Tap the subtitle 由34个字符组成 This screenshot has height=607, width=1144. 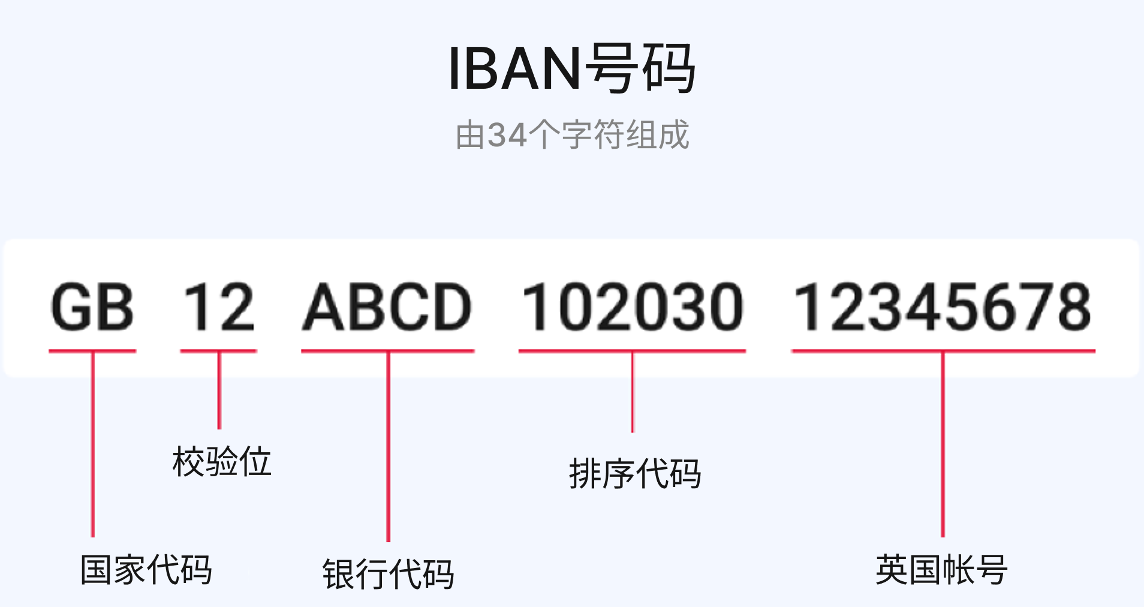point(572,135)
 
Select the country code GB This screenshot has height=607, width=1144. point(92,306)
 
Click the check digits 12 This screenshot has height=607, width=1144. point(218,306)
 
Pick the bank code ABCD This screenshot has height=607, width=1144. point(387,306)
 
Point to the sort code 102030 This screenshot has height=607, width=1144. point(633,306)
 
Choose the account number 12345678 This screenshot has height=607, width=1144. point(943,306)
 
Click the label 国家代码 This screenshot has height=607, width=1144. point(146,569)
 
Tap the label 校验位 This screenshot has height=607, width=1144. point(221,461)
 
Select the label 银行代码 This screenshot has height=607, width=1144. point(388,574)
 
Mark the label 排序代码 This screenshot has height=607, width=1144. point(634,474)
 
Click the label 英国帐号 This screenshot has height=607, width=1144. point(941,569)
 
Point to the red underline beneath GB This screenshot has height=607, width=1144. point(92,351)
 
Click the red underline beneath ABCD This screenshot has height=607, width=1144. point(388,351)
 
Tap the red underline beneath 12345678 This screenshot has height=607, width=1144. point(943,351)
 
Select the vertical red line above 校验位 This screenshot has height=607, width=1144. point(219,390)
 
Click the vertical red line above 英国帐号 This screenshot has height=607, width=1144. point(943,444)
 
